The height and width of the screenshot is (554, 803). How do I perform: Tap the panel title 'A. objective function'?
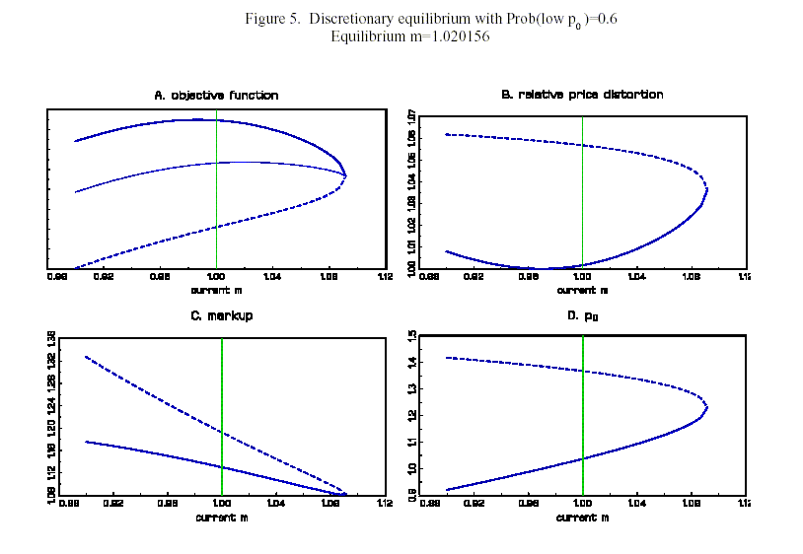pos(216,96)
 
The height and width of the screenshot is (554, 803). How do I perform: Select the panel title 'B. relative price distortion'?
pos(582,95)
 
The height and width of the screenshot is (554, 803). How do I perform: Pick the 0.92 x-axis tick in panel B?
pos(474,277)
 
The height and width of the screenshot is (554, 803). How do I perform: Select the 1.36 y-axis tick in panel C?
pos(51,340)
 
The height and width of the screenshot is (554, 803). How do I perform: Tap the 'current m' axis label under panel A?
pos(216,290)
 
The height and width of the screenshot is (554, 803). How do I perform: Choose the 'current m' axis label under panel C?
pos(216,517)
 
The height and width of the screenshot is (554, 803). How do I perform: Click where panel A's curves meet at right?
pos(345,175)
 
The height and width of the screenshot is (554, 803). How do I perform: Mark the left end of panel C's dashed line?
pos(86,356)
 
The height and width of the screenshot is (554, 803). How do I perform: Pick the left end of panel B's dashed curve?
pos(446,134)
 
